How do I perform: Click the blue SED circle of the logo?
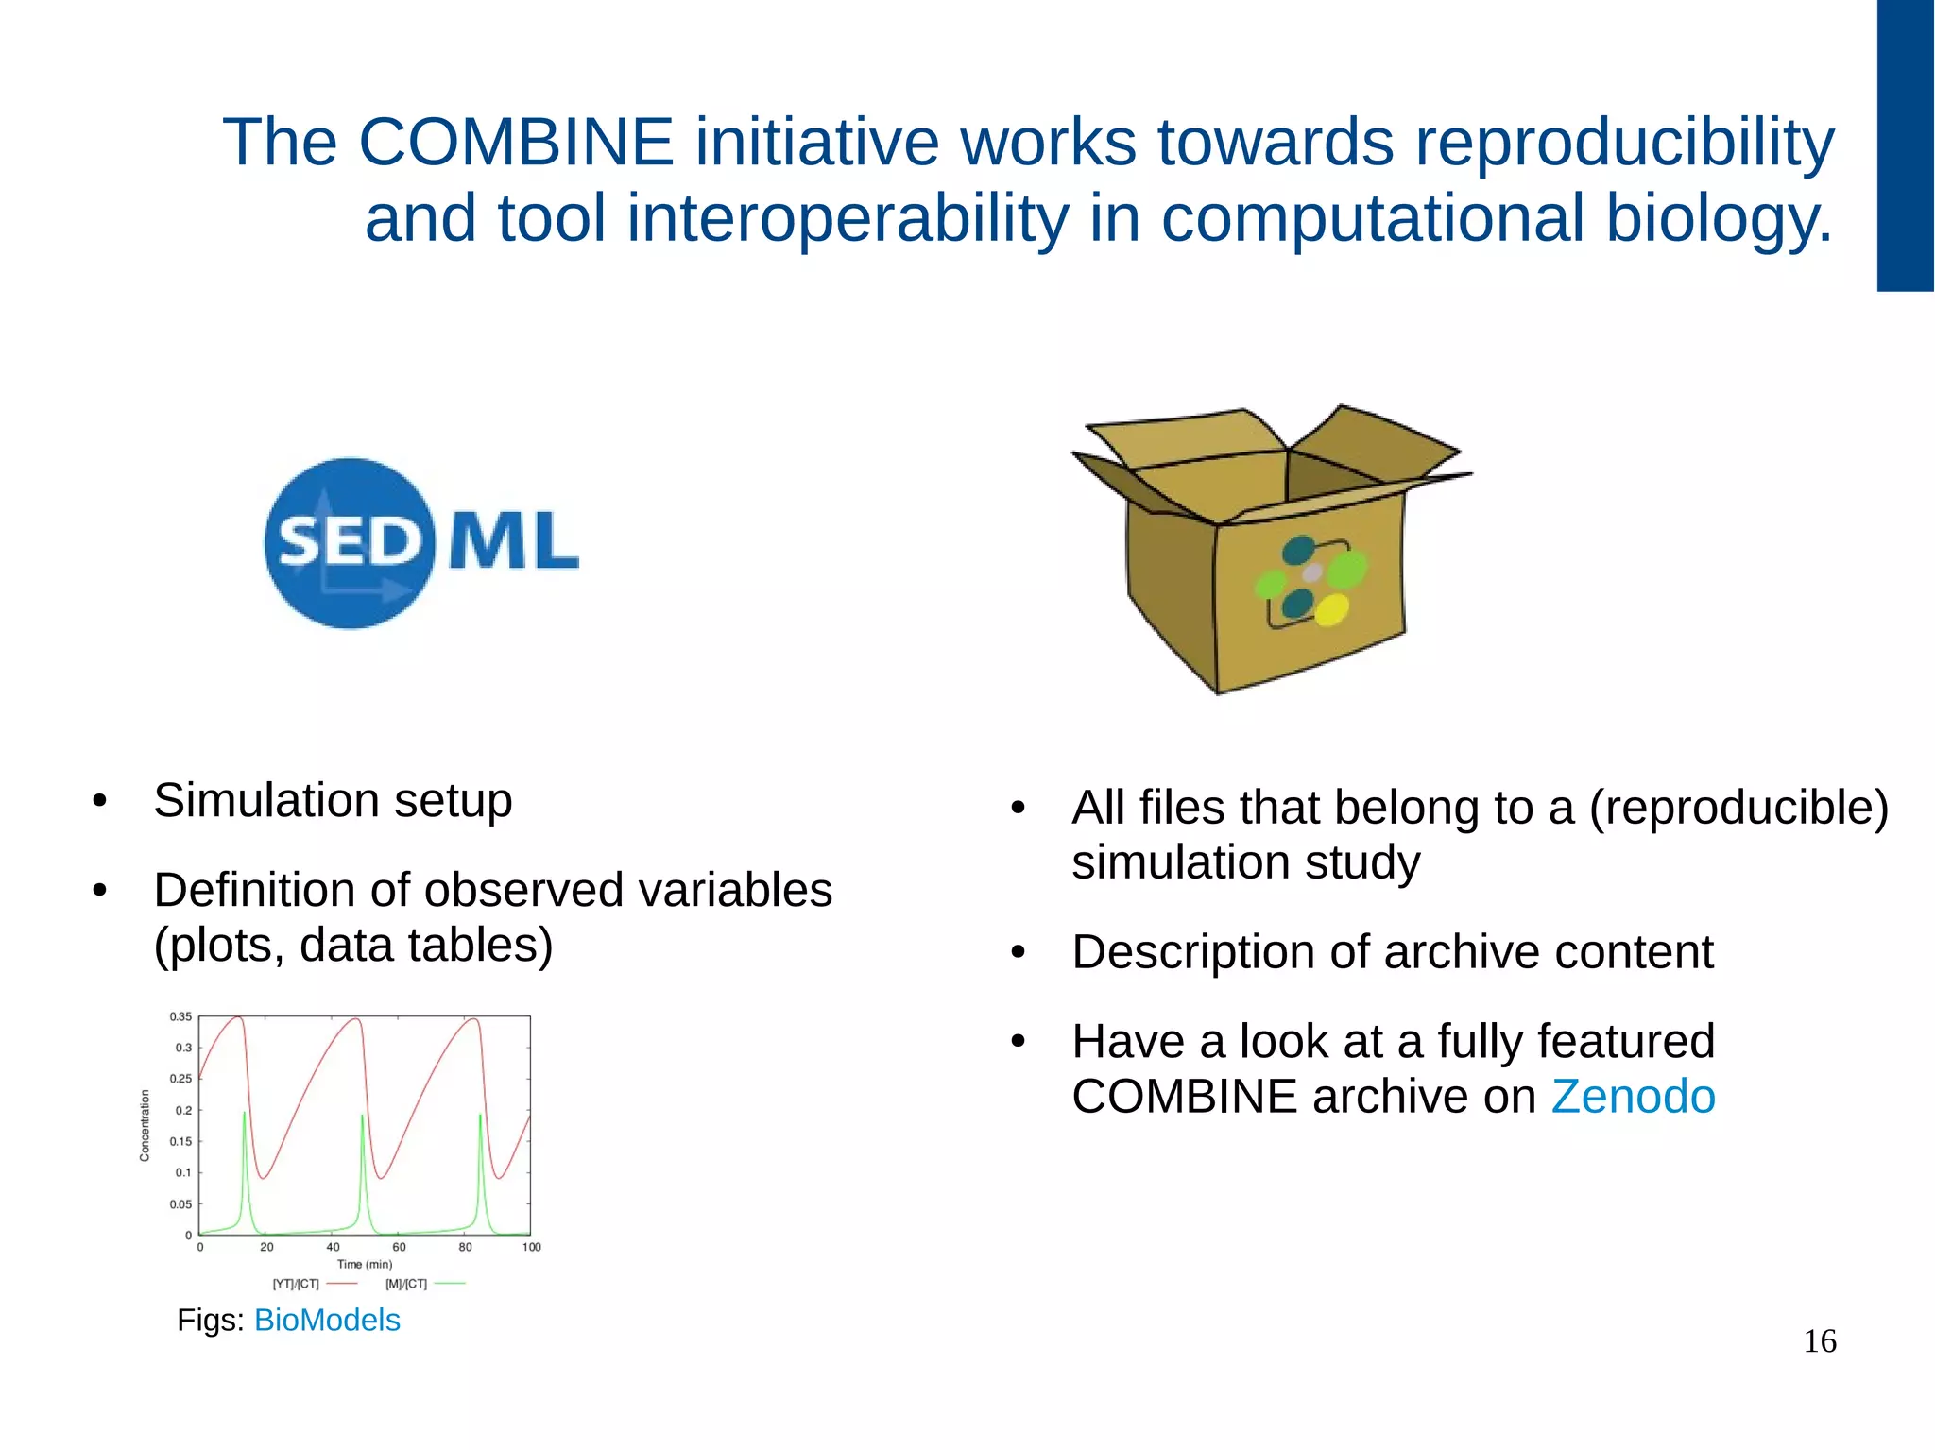coord(350,543)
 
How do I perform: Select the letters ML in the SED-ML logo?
coord(513,540)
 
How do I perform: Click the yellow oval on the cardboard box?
coord(1332,610)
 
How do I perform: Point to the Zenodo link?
coord(1633,1097)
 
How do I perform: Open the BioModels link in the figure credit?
coord(327,1320)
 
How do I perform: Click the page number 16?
coord(1819,1341)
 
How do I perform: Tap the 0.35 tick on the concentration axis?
coord(180,1017)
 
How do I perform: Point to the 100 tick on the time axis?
coord(531,1247)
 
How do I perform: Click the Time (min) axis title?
coord(364,1264)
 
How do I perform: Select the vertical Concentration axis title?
coord(145,1125)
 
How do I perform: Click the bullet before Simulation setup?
coord(100,802)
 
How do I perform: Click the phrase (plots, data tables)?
coord(353,945)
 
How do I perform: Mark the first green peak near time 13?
coord(245,1115)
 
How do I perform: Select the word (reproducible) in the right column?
coord(1738,808)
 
